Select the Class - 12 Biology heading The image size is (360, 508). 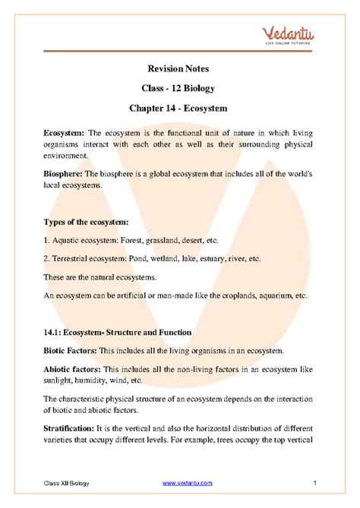coord(180,90)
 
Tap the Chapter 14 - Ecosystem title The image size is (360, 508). coord(180,110)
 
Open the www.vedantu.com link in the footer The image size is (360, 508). coord(187,484)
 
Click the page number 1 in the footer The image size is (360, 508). coord(314,484)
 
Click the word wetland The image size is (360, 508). coord(164,259)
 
